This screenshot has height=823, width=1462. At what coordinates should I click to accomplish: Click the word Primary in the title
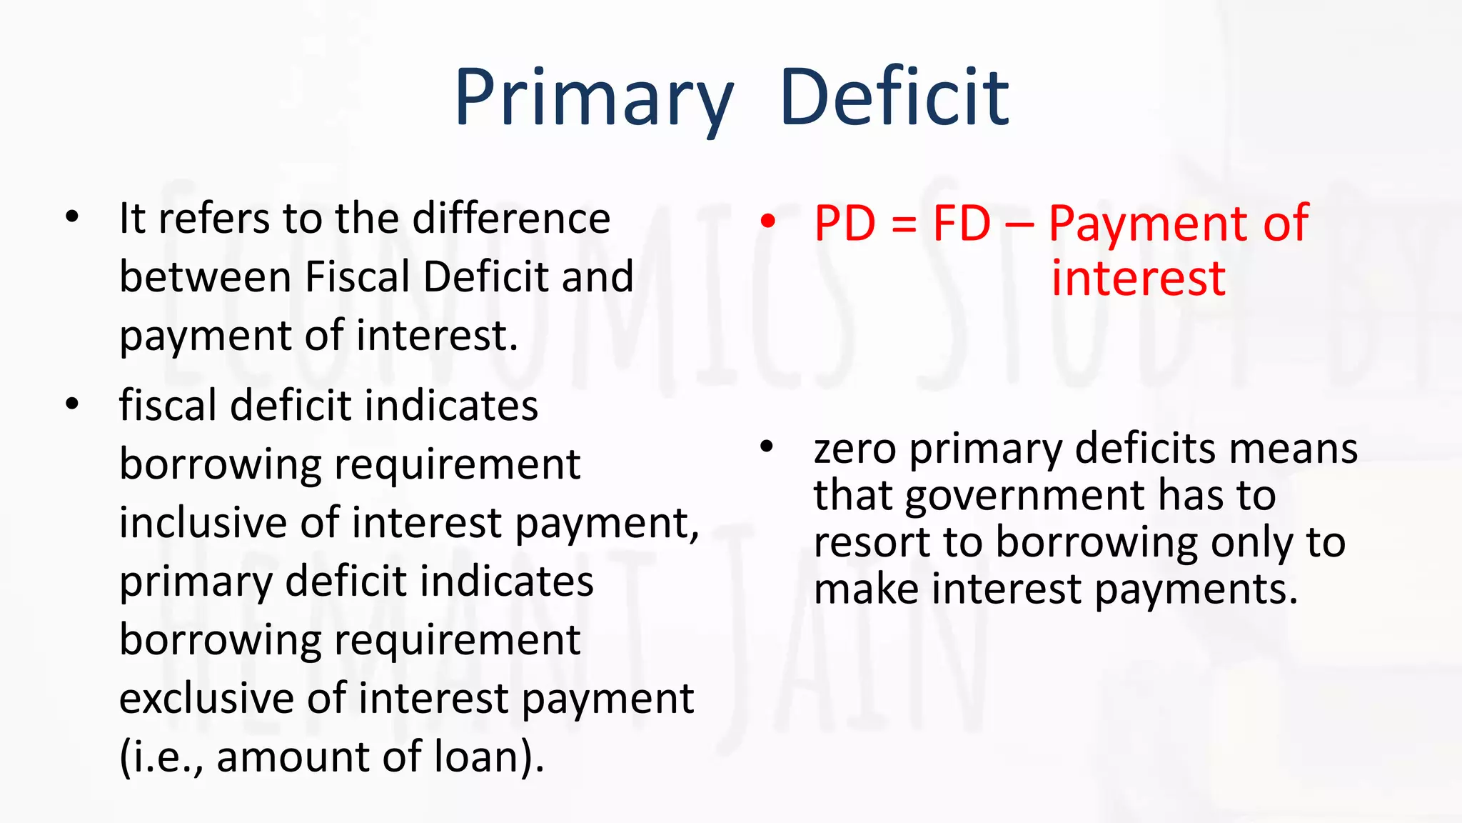tap(594, 97)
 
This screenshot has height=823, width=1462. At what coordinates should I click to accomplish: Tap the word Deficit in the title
tap(894, 97)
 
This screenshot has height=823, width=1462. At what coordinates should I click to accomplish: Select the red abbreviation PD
tap(845, 224)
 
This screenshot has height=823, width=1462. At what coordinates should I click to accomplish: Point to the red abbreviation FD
tap(962, 224)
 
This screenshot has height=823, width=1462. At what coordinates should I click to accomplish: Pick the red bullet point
tap(767, 221)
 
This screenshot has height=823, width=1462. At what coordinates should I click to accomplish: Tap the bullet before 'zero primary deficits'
tap(767, 448)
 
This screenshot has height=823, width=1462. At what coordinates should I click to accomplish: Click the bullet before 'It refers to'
tap(72, 216)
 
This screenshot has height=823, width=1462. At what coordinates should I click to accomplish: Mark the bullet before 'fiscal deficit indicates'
tap(72, 404)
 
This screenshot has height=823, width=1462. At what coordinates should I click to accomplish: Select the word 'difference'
tap(511, 218)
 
